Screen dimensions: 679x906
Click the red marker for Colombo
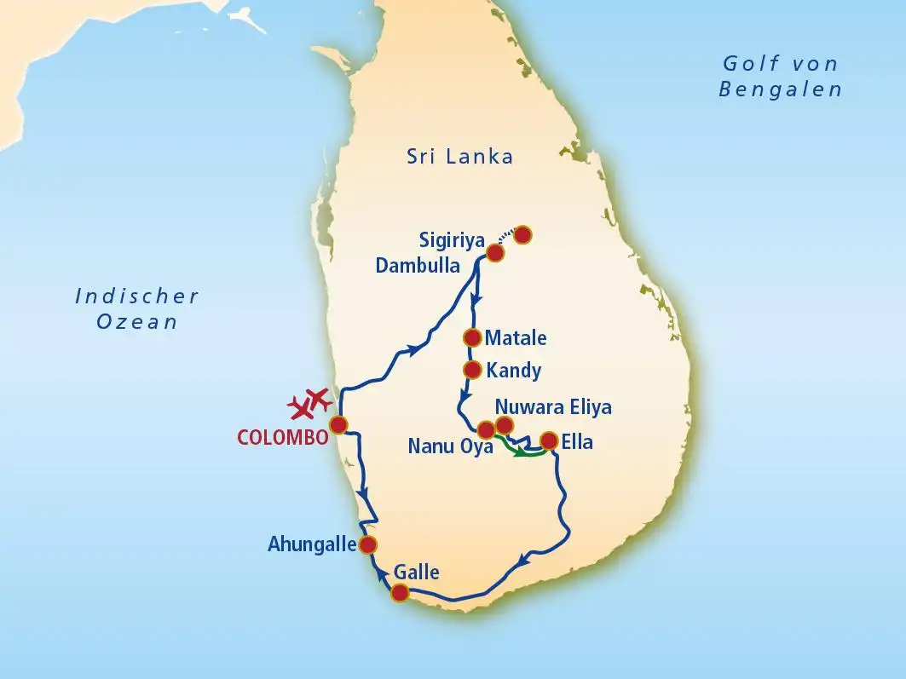pyautogui.click(x=339, y=423)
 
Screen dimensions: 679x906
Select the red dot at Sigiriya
pyautogui.click(x=522, y=233)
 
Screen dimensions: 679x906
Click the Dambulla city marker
pyautogui.click(x=494, y=252)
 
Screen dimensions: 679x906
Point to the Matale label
pyautogui.click(x=516, y=338)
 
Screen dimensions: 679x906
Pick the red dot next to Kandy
pyautogui.click(x=471, y=370)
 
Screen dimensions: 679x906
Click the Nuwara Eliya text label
pyautogui.click(x=553, y=406)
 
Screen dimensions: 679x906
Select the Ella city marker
pyautogui.click(x=550, y=440)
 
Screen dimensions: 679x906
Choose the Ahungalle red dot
pyautogui.click(x=368, y=544)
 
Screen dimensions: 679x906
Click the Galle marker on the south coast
pyautogui.click(x=399, y=593)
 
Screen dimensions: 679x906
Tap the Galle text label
pyautogui.click(x=417, y=572)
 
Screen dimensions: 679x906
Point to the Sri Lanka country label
pyautogui.click(x=460, y=156)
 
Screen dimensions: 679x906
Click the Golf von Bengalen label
pyautogui.click(x=780, y=76)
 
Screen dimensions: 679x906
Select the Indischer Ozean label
pyautogui.click(x=136, y=308)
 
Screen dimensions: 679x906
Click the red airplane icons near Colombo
pyautogui.click(x=309, y=403)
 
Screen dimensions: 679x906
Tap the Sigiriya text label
pyautogui.click(x=452, y=240)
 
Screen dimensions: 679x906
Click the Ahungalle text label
pyautogui.click(x=311, y=544)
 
